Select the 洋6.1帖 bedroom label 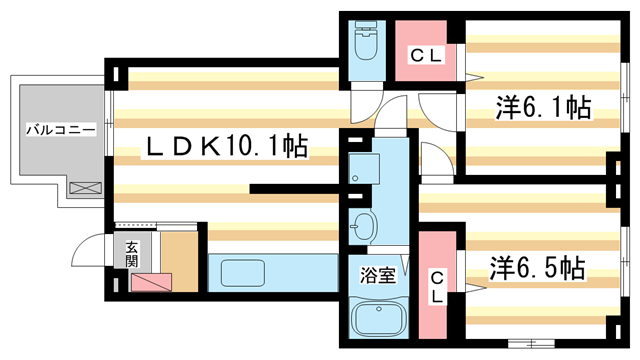[x=541, y=109]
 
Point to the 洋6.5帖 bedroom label [x=537, y=268]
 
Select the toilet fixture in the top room [x=362, y=45]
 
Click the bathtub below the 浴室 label [x=379, y=319]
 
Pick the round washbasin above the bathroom [x=362, y=226]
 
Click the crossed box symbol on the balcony [x=85, y=187]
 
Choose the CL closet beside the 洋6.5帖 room [x=437, y=286]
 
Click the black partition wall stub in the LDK [x=291, y=187]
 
